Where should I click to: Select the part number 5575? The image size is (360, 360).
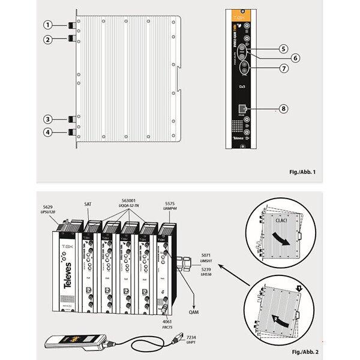coord(170,202)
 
